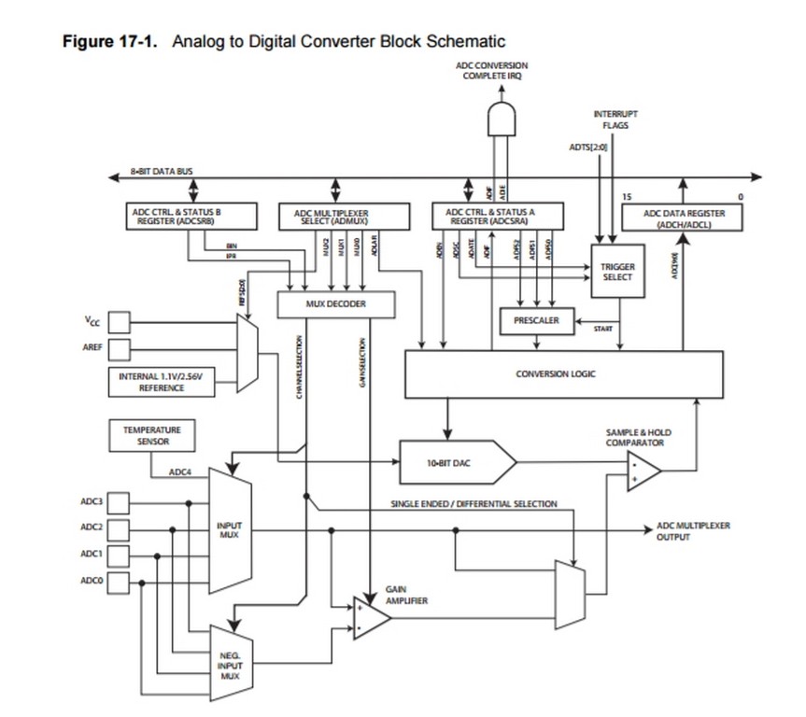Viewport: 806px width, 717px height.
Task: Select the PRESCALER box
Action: pos(535,320)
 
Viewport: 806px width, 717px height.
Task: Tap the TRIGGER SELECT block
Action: pos(617,272)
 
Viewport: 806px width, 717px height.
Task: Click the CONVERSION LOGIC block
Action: pos(562,373)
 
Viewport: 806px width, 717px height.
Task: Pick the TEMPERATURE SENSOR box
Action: pos(147,435)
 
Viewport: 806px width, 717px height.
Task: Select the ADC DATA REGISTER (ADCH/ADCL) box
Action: pos(685,218)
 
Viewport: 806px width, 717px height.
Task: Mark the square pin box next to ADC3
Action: pos(119,503)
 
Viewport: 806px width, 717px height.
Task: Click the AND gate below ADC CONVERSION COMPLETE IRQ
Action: pos(501,119)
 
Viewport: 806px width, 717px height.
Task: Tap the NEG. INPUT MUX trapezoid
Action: pos(231,664)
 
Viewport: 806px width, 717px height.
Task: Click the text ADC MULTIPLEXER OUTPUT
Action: pos(693,531)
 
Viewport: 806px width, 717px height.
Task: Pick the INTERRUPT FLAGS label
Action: pos(615,119)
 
